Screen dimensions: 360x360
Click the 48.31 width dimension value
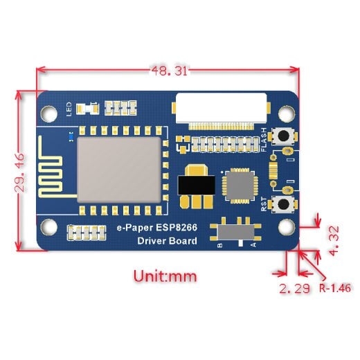169,71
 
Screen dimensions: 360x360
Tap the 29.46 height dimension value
19,173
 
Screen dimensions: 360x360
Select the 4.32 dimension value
334,241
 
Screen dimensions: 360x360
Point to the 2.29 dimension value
294,289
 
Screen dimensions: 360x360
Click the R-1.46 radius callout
335,288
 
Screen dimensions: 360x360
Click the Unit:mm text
165,276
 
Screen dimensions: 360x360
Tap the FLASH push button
283,136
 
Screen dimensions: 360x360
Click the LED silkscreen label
69,109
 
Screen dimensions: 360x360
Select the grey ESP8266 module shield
119,170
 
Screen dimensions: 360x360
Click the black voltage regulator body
197,185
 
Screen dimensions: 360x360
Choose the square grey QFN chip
240,186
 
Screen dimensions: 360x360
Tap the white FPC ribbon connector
221,108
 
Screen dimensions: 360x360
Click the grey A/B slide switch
236,233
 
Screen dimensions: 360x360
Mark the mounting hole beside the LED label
49,114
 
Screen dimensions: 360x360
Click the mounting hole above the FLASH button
287,114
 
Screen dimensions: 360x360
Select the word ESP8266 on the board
177,228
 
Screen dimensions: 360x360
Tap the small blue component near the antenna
71,137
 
